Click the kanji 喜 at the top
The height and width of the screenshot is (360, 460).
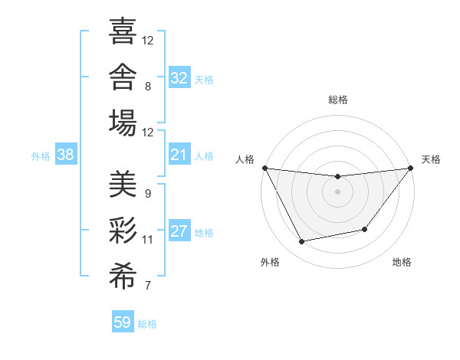pyautogui.click(x=123, y=31)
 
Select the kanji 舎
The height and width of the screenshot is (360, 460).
pyautogui.click(x=123, y=77)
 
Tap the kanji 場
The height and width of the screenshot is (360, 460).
pyautogui.click(x=123, y=123)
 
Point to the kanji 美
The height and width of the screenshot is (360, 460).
pyautogui.click(x=123, y=184)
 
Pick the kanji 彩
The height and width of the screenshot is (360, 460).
pyautogui.click(x=123, y=230)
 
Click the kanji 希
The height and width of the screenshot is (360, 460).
pyautogui.click(x=123, y=276)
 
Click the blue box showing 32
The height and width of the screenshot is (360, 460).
pyautogui.click(x=179, y=77)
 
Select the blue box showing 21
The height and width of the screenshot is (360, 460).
pyautogui.click(x=179, y=154)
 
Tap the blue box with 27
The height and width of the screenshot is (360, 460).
pyautogui.click(x=179, y=230)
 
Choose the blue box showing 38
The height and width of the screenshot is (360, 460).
pyautogui.click(x=66, y=154)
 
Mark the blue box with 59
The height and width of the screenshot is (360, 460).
pyautogui.click(x=123, y=321)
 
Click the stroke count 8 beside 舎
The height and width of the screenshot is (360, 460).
pyautogui.click(x=148, y=87)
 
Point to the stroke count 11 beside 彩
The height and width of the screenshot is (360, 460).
pyautogui.click(x=147, y=240)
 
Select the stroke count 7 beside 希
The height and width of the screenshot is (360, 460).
pyautogui.click(x=148, y=285)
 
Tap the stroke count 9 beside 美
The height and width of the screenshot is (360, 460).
pyautogui.click(x=148, y=194)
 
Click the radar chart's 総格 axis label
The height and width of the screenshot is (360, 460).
pyautogui.click(x=338, y=100)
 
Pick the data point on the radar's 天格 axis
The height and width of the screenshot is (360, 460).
pyautogui.click(x=411, y=168)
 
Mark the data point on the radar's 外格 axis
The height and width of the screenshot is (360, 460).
pyautogui.click(x=301, y=241)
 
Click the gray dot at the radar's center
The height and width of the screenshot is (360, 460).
pyautogui.click(x=337, y=192)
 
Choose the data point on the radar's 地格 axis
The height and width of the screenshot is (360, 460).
pyautogui.click(x=365, y=229)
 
